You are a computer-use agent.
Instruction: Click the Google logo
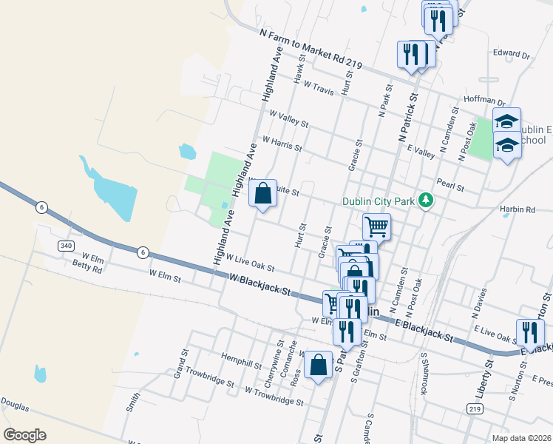pos(24,435)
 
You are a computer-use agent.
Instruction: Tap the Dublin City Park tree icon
pos(425,201)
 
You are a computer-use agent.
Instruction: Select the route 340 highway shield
pos(66,246)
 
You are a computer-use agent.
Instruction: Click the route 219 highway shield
pos(475,408)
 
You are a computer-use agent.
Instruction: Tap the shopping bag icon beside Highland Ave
pos(262,194)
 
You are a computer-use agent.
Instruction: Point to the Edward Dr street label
pos(512,55)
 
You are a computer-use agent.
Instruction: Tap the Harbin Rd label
pos(517,209)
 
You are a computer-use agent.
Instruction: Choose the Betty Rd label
pos(86,268)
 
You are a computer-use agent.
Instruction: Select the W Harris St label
pos(282,143)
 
